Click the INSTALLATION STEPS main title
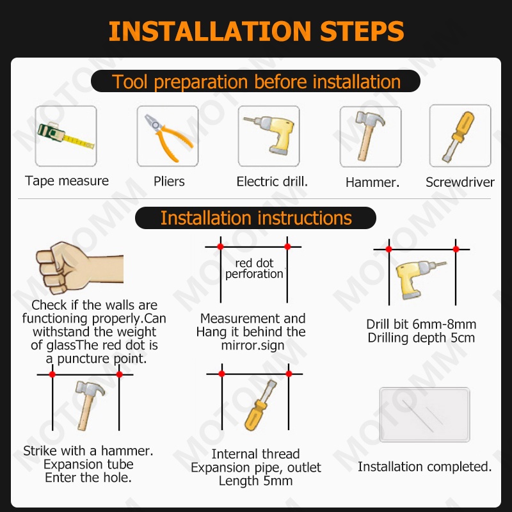pyautogui.click(x=257, y=31)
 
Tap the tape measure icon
pyautogui.click(x=66, y=136)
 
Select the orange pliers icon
pyautogui.click(x=168, y=138)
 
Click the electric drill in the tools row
pyautogui.click(x=270, y=135)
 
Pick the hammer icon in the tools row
pyautogui.click(x=369, y=135)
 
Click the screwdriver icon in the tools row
pyautogui.click(x=458, y=136)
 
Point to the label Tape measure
pyautogui.click(x=67, y=181)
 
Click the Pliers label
pyautogui.click(x=169, y=182)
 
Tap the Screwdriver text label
pyautogui.click(x=460, y=182)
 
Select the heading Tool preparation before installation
pyautogui.click(x=256, y=81)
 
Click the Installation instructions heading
pyautogui.click(x=256, y=218)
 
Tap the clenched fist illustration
pyautogui.click(x=79, y=268)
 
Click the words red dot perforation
pyautogui.click(x=254, y=268)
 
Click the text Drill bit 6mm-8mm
pyautogui.click(x=421, y=324)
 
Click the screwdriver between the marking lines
pyautogui.click(x=260, y=405)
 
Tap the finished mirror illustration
pyautogui.click(x=424, y=415)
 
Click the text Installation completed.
pyautogui.click(x=424, y=467)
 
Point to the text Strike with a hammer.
pyautogui.click(x=88, y=451)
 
